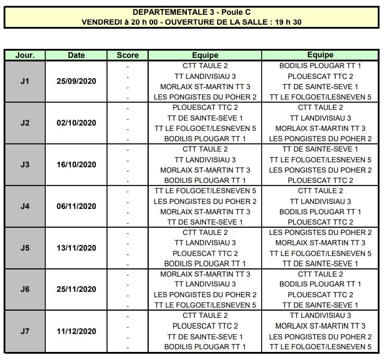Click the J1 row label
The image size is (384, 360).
coord(25,82)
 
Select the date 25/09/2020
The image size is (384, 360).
coord(76,82)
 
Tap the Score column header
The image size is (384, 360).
coord(128,55)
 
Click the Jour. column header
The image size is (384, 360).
coord(25,55)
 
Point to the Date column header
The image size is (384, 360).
coord(76,55)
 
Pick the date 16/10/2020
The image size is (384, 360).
coord(76,165)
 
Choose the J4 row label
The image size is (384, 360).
coord(25,206)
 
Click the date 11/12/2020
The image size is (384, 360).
coord(76,331)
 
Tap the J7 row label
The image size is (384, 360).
coord(25,331)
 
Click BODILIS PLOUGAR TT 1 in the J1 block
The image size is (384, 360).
coord(320,66)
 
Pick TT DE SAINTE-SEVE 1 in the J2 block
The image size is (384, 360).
coord(205,118)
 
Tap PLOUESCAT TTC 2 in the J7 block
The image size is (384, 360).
coord(205,326)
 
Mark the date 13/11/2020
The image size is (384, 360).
coord(76,248)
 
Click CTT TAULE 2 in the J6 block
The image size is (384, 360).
coord(320,274)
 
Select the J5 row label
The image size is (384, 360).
coord(25,248)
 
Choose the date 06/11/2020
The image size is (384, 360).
coord(76,206)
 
